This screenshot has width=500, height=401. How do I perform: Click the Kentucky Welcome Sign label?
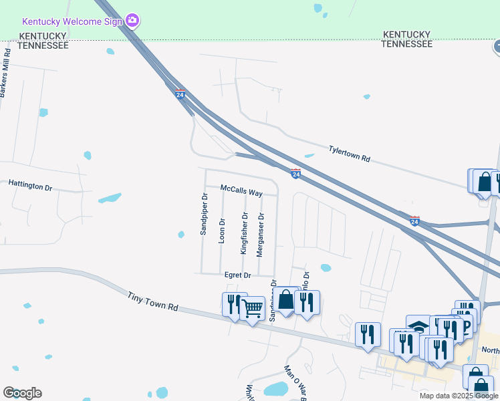point(73,21)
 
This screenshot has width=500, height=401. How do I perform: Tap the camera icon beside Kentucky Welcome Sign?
point(132,21)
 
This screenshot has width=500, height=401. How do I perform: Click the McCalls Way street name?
point(241,192)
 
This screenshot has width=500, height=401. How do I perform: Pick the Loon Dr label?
point(222,229)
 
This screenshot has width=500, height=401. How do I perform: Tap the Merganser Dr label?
point(261,234)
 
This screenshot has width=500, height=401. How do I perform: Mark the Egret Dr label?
point(237,275)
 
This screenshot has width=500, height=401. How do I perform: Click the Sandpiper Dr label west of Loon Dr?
point(204,214)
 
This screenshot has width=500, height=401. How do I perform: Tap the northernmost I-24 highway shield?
point(180,94)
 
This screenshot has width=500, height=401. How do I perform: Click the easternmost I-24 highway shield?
point(414,221)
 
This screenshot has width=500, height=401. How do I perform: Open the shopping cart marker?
point(252,309)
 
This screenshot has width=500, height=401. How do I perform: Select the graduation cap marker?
point(418,326)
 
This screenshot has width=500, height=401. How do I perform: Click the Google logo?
point(22,393)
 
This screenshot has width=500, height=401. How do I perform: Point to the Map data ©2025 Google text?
point(459,396)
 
